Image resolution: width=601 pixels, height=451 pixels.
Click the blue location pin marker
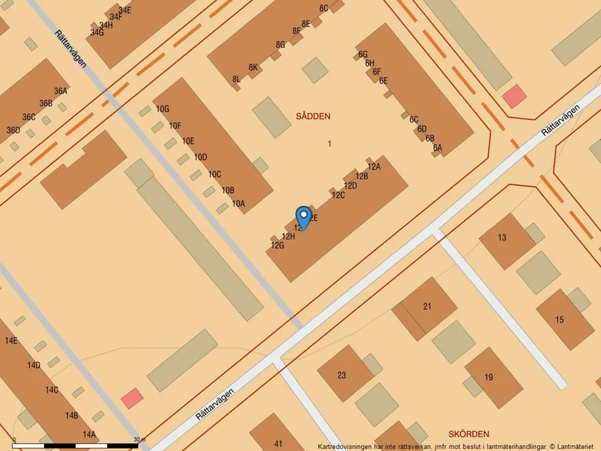point(303,217)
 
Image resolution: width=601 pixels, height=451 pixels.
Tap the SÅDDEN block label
point(313,116)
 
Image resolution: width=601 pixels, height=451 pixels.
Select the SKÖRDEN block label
point(469,434)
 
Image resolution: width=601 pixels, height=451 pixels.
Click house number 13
point(502,238)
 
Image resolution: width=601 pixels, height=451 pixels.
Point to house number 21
point(428,306)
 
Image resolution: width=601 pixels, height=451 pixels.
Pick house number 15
point(559,320)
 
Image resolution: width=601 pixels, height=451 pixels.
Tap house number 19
point(489,377)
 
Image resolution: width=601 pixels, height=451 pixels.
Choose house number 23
point(342,376)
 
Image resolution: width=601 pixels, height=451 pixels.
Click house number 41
point(278,444)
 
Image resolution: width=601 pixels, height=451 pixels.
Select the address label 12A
point(374,167)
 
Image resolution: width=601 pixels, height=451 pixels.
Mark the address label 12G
point(277,246)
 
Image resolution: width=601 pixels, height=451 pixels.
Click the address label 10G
point(162,109)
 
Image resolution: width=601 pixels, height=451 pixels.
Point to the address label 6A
point(438,148)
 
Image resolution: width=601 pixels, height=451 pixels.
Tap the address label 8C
point(323,8)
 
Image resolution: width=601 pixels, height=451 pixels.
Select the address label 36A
point(60,91)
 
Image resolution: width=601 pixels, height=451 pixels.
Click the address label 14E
point(11,341)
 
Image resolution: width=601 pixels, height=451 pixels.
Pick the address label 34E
point(125,10)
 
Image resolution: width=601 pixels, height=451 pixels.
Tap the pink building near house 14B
point(132,398)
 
